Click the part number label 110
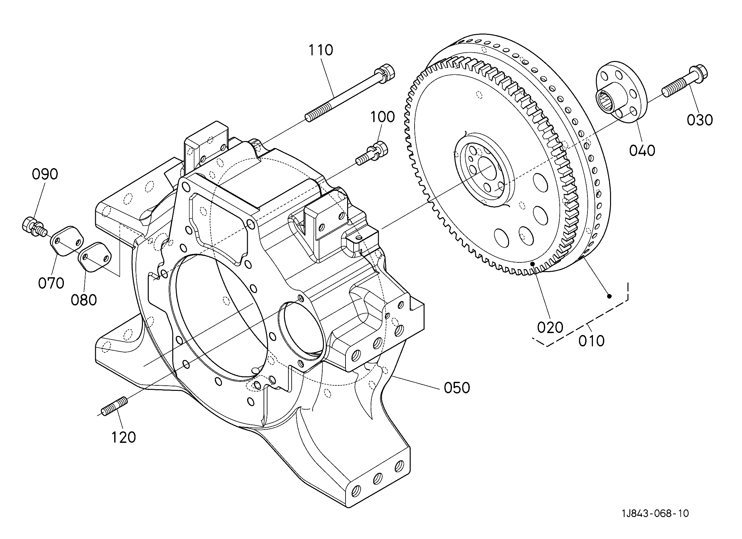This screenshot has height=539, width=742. coord(321,50)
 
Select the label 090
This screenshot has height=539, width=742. coord(45,174)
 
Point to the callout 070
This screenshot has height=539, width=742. coord(51,283)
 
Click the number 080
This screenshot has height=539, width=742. coord(84,300)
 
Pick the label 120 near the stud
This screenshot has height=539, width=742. coord(124,437)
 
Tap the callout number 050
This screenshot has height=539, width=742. coord(457,388)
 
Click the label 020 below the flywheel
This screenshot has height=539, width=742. coord(550,327)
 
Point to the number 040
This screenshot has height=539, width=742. coord(642,150)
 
